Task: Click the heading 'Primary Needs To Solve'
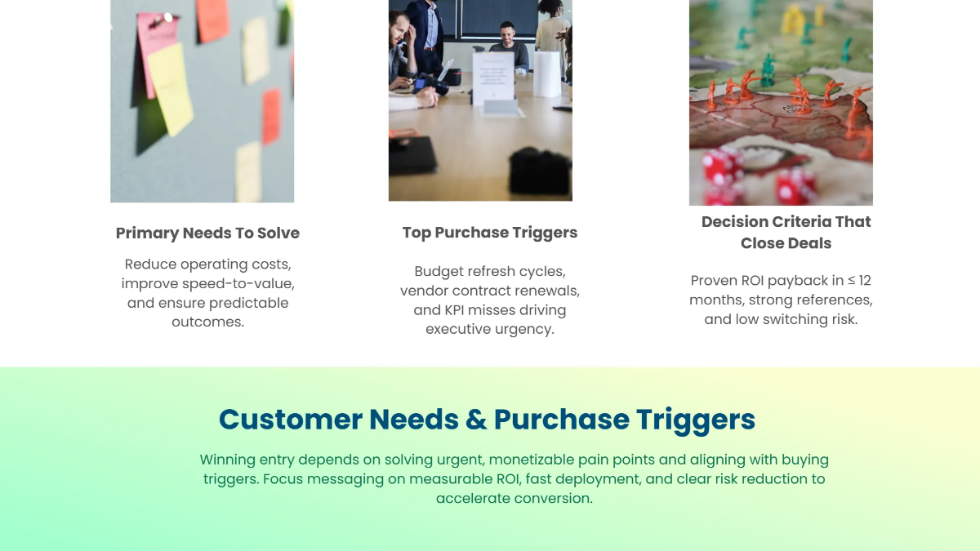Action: (x=207, y=233)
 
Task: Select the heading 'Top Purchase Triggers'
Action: (x=490, y=233)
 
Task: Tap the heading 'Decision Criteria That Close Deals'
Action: (x=786, y=232)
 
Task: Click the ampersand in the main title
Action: (x=476, y=420)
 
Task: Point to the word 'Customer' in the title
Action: (x=290, y=420)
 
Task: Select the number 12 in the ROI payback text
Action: (x=864, y=281)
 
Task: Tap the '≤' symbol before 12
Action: (x=850, y=281)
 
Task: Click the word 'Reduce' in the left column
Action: (x=151, y=264)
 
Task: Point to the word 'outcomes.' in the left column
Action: (x=207, y=322)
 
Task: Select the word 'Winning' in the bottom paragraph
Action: (x=228, y=460)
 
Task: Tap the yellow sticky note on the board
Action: (x=170, y=88)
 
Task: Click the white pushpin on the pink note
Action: (x=168, y=17)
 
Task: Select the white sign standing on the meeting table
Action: (x=493, y=78)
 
